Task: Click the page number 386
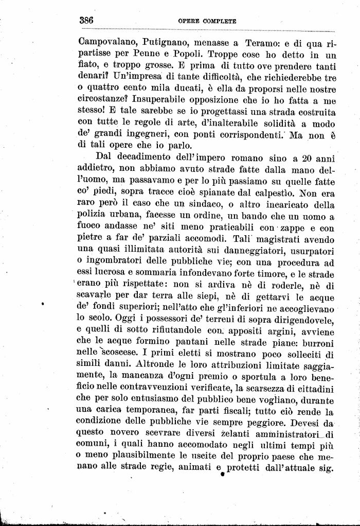point(86,21)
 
